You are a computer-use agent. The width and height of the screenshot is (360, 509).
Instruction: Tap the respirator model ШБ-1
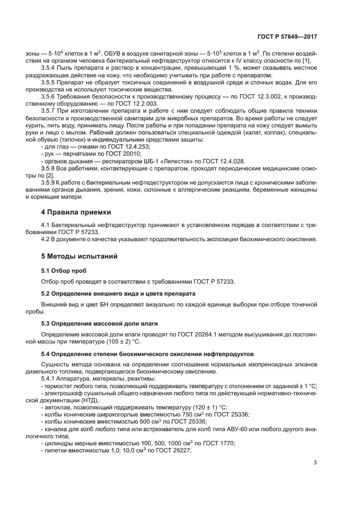[147, 161]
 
